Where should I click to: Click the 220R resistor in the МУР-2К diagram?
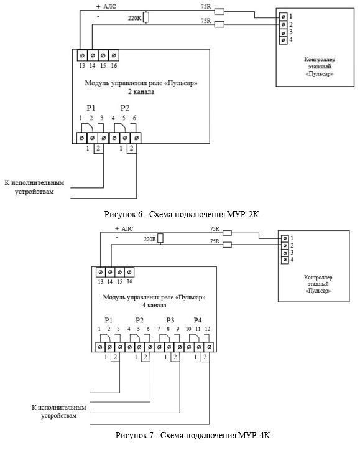coord(146,17)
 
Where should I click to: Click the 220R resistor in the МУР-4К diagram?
coord(160,238)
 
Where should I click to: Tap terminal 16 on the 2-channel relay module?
coord(114,55)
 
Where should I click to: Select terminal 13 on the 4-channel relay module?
coord(100,272)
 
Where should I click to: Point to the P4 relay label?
coord(198,320)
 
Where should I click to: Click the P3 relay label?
coord(170,320)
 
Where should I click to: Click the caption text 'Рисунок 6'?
coord(124,214)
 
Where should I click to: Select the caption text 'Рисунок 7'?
coord(136,435)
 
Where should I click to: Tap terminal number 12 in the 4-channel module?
coord(208,329)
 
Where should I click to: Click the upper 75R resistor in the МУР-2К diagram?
coord(219,11)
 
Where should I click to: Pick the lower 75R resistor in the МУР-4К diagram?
coord(227,245)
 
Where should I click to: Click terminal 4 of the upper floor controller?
coord(283,40)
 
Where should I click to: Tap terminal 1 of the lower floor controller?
coord(285,238)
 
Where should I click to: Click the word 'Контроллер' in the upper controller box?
coord(320,59)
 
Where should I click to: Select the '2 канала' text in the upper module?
coord(141,92)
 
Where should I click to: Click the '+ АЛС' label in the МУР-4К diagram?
coord(124,228)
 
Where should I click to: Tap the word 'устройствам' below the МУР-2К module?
coord(34,192)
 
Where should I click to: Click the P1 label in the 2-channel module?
coord(91,108)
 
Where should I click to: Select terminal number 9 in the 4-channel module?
coord(178,329)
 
